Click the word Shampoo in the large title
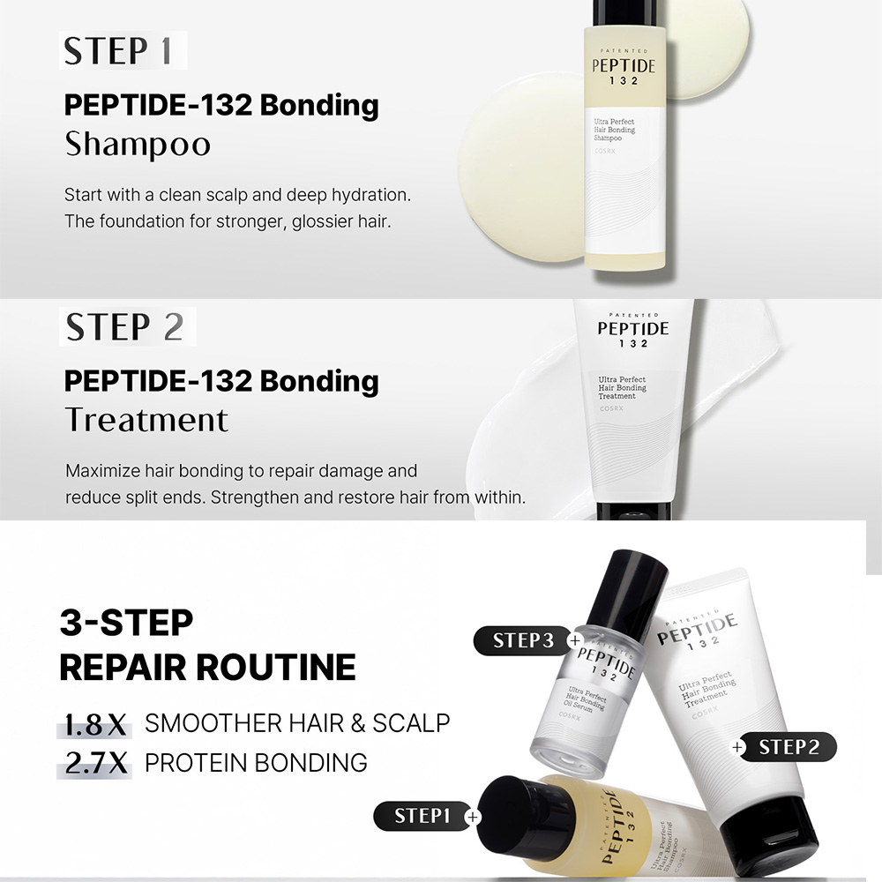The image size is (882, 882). [138, 145]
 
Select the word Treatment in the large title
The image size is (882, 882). [146, 420]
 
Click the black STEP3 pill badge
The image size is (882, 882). [523, 640]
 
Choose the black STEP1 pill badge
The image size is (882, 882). [422, 816]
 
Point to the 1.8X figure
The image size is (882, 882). [95, 725]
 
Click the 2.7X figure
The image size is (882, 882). [95, 764]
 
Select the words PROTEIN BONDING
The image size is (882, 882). [256, 763]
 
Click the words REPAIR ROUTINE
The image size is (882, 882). [207, 667]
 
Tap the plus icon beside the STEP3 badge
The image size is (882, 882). [575, 640]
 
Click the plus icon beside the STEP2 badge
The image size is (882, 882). [737, 748]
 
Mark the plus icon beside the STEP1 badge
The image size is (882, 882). [473, 817]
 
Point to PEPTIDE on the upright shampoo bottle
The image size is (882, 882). [624, 66]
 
